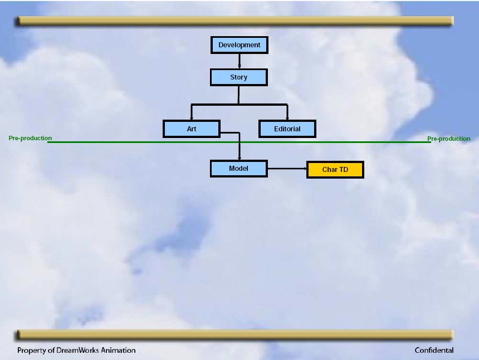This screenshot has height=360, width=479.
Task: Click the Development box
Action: pyautogui.click(x=239, y=45)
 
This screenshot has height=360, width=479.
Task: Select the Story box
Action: pyautogui.click(x=238, y=77)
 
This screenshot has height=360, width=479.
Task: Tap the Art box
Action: pyautogui.click(x=192, y=129)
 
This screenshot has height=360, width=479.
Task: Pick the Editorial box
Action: pyautogui.click(x=287, y=129)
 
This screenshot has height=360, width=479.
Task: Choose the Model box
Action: pyautogui.click(x=238, y=169)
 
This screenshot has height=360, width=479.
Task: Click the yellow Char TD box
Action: pyautogui.click(x=335, y=170)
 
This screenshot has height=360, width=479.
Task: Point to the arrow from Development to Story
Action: pyautogui.click(x=239, y=61)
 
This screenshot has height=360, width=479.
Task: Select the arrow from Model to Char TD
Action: pyautogui.click(x=287, y=169)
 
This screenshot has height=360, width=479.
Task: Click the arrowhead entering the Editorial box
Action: pyautogui.click(x=287, y=118)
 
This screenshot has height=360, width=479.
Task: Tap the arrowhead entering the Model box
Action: pyautogui.click(x=239, y=158)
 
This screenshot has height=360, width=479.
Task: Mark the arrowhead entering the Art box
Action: pyautogui.click(x=192, y=118)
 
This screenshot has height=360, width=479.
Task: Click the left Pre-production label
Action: pyautogui.click(x=30, y=138)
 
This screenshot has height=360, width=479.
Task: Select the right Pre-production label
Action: pyautogui.click(x=449, y=139)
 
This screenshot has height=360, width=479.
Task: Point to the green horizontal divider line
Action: pyautogui.click(x=239, y=142)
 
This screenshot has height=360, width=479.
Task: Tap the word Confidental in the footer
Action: pyautogui.click(x=434, y=350)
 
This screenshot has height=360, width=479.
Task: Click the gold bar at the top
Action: pyautogui.click(x=234, y=21)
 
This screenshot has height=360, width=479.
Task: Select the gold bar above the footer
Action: pyautogui.click(x=234, y=334)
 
